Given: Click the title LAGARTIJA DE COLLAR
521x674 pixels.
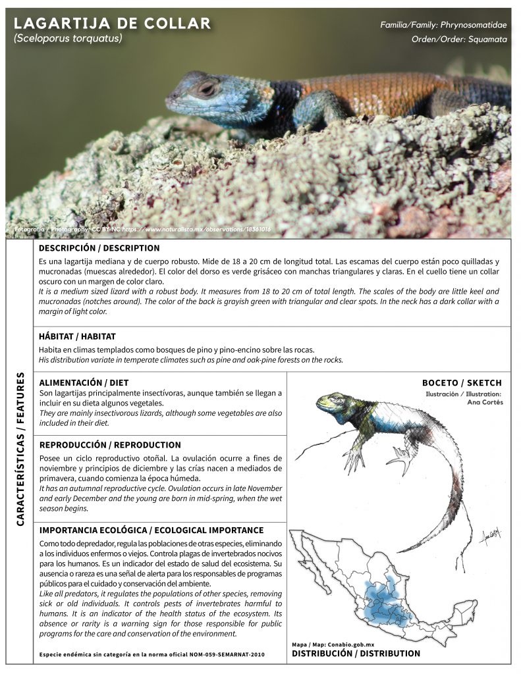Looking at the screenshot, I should point(112,24).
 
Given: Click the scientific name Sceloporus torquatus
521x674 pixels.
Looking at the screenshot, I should point(68,39).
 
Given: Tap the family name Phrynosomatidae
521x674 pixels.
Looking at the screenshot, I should point(474,25).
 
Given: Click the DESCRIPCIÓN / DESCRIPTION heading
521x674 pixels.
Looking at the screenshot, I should point(99,248).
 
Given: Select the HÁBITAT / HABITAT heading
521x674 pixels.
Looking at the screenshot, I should point(78,336).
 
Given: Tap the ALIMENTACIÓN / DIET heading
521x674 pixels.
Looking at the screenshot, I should point(84,382).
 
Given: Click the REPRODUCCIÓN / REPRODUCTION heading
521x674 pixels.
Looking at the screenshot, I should point(110,445).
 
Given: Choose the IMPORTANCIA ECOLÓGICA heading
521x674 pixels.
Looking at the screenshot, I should point(151,531).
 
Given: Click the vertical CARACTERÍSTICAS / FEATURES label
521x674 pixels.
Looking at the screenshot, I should point(20,449).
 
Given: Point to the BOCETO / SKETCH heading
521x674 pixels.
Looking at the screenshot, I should point(462,383).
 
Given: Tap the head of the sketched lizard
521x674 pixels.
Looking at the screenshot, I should point(333,402).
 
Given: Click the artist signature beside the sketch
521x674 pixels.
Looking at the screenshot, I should point(490,536).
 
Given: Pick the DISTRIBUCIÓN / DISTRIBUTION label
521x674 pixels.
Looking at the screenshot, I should point(356,654).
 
